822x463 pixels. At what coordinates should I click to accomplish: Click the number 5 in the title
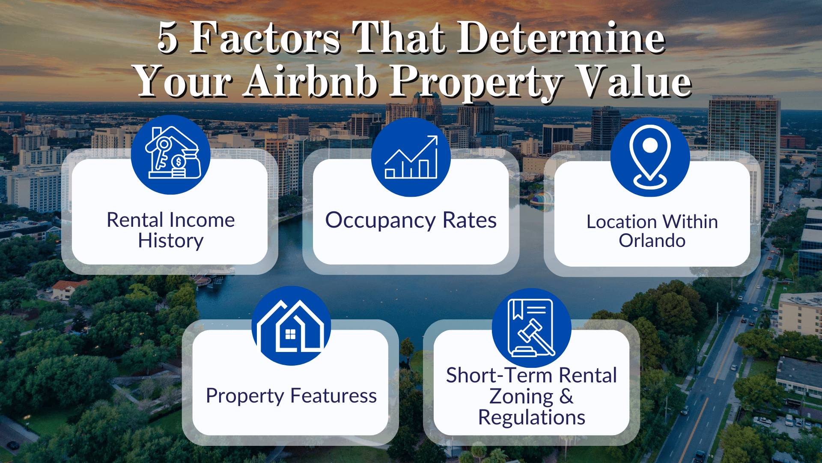(x=167, y=39)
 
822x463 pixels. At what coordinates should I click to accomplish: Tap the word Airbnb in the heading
(x=311, y=81)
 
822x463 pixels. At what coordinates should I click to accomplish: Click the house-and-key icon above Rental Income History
(x=171, y=155)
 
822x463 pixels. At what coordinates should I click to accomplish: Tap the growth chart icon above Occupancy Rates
(x=411, y=157)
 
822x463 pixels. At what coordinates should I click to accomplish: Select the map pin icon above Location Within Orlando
(x=650, y=157)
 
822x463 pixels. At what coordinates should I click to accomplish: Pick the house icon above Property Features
(x=291, y=326)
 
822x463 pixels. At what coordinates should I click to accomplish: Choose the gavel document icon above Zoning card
(x=531, y=328)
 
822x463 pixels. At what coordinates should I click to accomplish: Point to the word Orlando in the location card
(x=652, y=241)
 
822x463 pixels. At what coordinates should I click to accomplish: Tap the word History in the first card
(x=170, y=241)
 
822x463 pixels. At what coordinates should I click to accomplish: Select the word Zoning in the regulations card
(x=521, y=397)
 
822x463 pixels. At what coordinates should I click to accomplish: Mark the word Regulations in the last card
(x=531, y=418)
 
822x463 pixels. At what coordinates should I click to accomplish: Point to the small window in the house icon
(x=290, y=334)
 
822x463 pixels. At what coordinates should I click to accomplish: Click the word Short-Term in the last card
(x=499, y=376)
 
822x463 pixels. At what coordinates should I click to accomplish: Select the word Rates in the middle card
(x=469, y=221)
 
